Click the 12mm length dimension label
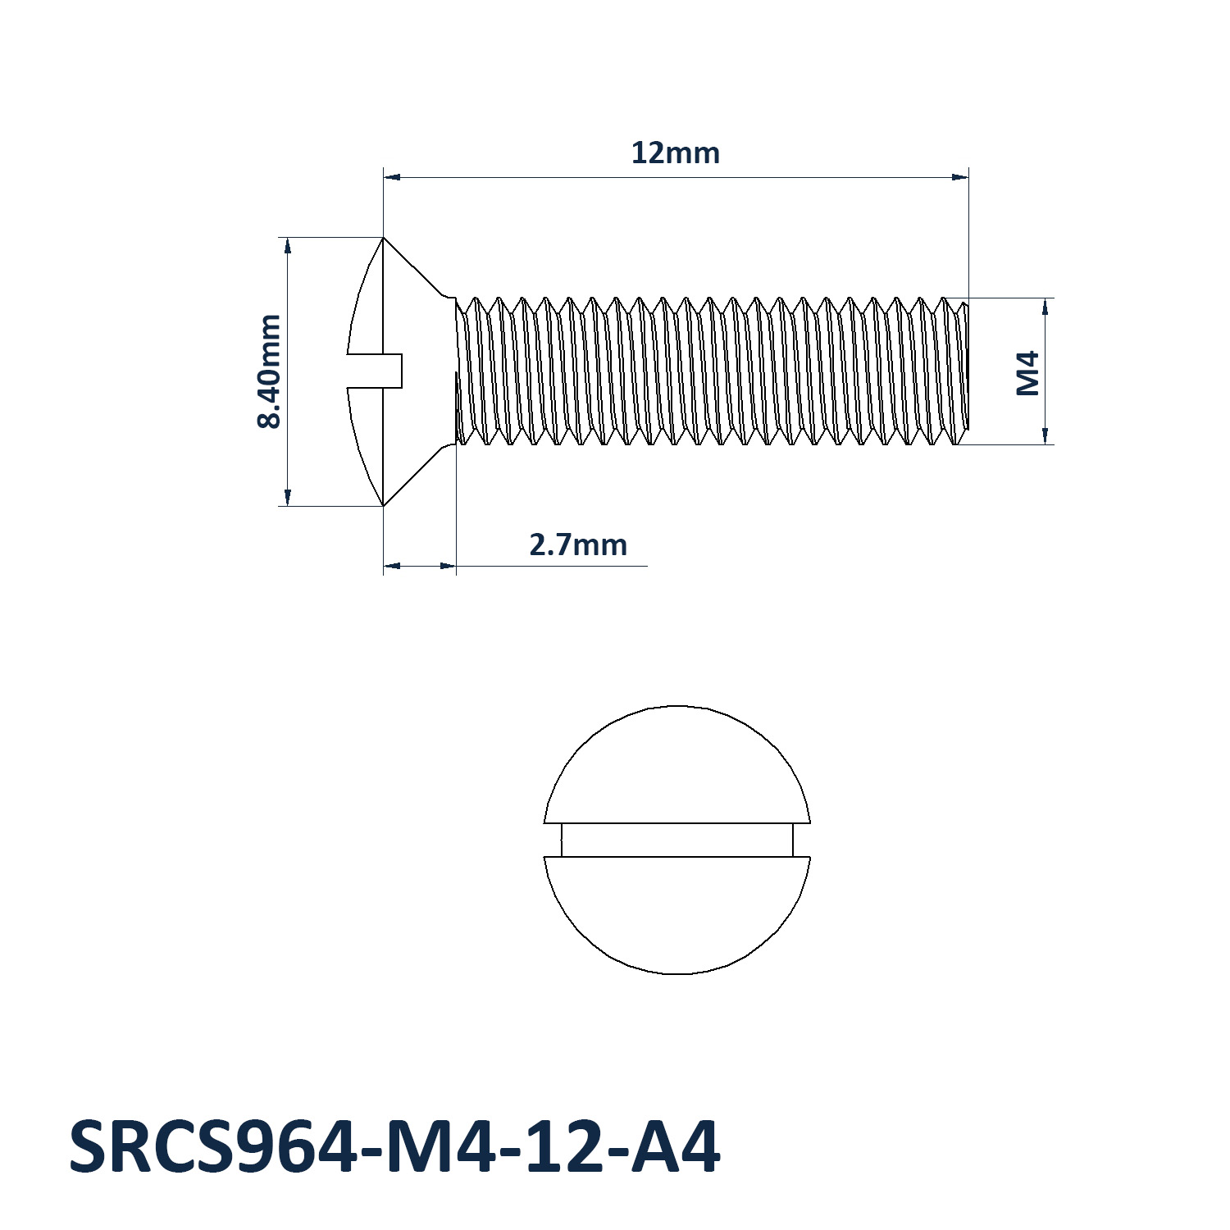[675, 153]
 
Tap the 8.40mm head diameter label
[269, 371]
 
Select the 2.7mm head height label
[578, 544]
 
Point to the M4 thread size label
[1028, 373]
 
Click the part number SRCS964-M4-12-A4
[394, 1146]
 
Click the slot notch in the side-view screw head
[375, 371]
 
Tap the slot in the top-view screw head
[677, 840]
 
